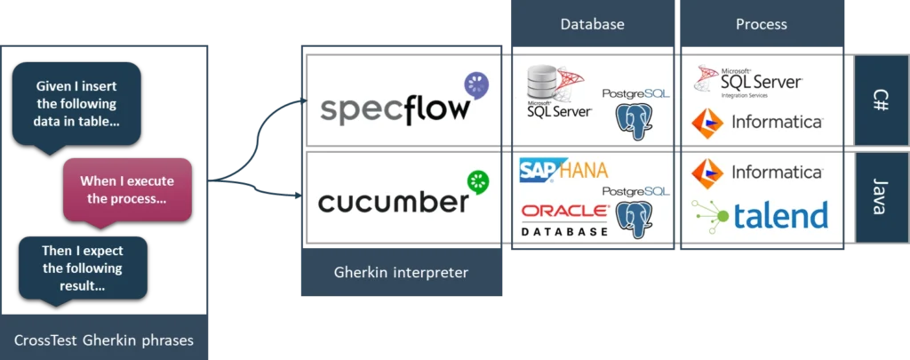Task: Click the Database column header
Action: tap(591, 24)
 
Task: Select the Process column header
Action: tap(761, 24)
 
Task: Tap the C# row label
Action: tap(881, 100)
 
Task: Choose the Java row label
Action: tap(881, 196)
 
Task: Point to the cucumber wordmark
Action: tap(393, 202)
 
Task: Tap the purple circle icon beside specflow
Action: tap(476, 84)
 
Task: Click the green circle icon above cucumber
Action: tap(479, 180)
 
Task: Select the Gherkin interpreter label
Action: tap(401, 272)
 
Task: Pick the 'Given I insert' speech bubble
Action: tap(76, 102)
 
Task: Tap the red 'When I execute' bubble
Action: tap(127, 189)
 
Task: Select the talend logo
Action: tap(761, 215)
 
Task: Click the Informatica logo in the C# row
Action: tap(756, 122)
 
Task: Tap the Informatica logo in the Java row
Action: tap(756, 172)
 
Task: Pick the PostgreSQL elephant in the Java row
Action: tap(635, 219)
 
